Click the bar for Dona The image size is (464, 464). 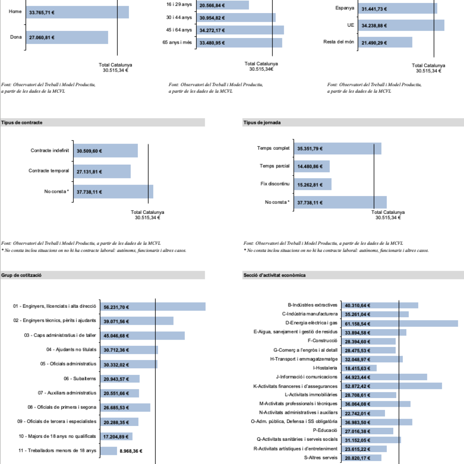click(x=67, y=37)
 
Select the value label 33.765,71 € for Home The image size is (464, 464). click(x=42, y=13)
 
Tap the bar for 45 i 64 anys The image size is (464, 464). click(x=240, y=30)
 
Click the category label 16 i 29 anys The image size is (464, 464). click(x=179, y=4)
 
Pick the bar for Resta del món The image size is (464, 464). click(x=385, y=42)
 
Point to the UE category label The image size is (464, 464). click(x=350, y=25)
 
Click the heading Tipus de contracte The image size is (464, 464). click(x=22, y=123)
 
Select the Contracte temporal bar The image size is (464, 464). click(x=102, y=171)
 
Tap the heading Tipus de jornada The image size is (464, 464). click(x=262, y=123)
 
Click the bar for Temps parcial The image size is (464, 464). click(x=312, y=166)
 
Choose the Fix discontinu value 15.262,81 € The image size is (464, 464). click(x=310, y=185)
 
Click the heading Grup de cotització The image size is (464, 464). click(x=21, y=275)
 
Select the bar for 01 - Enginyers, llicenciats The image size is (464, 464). click(x=153, y=307)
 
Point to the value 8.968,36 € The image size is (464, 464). click(x=131, y=451)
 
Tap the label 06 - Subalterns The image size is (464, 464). click(x=80, y=378)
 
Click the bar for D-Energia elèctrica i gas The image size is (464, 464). click(x=399, y=323)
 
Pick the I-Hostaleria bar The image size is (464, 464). click(x=359, y=368)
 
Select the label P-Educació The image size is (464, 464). click(x=325, y=430)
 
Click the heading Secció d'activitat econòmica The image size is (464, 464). click(x=274, y=275)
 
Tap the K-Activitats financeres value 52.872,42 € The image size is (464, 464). click(x=357, y=386)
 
